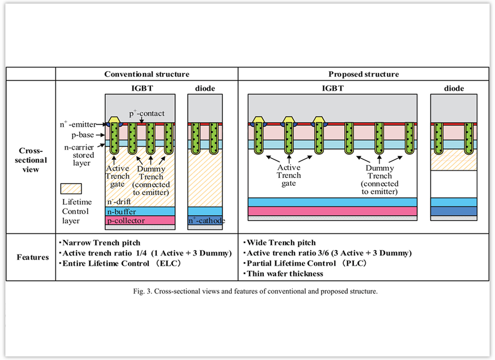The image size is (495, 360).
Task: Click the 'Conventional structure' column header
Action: (x=147, y=74)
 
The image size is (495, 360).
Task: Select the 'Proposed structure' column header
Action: (x=363, y=74)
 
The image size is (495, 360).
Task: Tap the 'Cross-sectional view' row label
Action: (x=31, y=160)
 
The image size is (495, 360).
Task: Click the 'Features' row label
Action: (x=31, y=257)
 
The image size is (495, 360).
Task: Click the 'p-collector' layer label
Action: (x=126, y=220)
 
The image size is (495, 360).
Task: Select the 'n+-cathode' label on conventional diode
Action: (x=207, y=220)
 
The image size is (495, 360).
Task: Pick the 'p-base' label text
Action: (x=82, y=135)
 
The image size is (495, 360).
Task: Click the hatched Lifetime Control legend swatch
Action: (x=71, y=188)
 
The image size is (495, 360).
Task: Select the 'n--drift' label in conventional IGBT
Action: (x=119, y=202)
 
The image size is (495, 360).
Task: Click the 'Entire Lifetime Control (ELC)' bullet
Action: (x=120, y=263)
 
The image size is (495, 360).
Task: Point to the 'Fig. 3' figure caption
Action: (x=247, y=291)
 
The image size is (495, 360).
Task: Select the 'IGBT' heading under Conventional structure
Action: (x=140, y=88)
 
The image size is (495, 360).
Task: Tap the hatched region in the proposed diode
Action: (x=454, y=160)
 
